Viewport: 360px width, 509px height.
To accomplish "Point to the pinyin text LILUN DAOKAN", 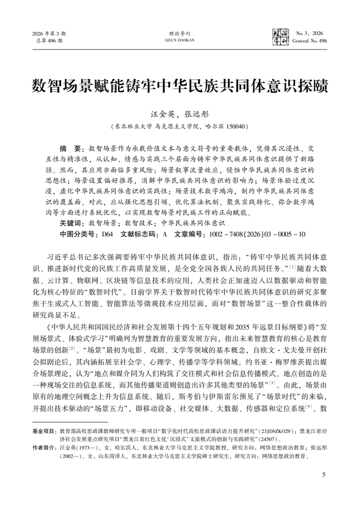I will [x=180, y=40].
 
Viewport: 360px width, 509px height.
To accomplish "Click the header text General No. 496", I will [x=309, y=40].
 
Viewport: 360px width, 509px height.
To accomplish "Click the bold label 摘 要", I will [x=72, y=148].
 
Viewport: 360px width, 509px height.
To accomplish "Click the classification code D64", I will [x=107, y=233].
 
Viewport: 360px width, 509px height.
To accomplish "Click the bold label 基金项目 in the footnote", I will [x=44, y=430].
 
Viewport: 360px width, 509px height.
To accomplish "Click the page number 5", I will [x=324, y=473].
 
